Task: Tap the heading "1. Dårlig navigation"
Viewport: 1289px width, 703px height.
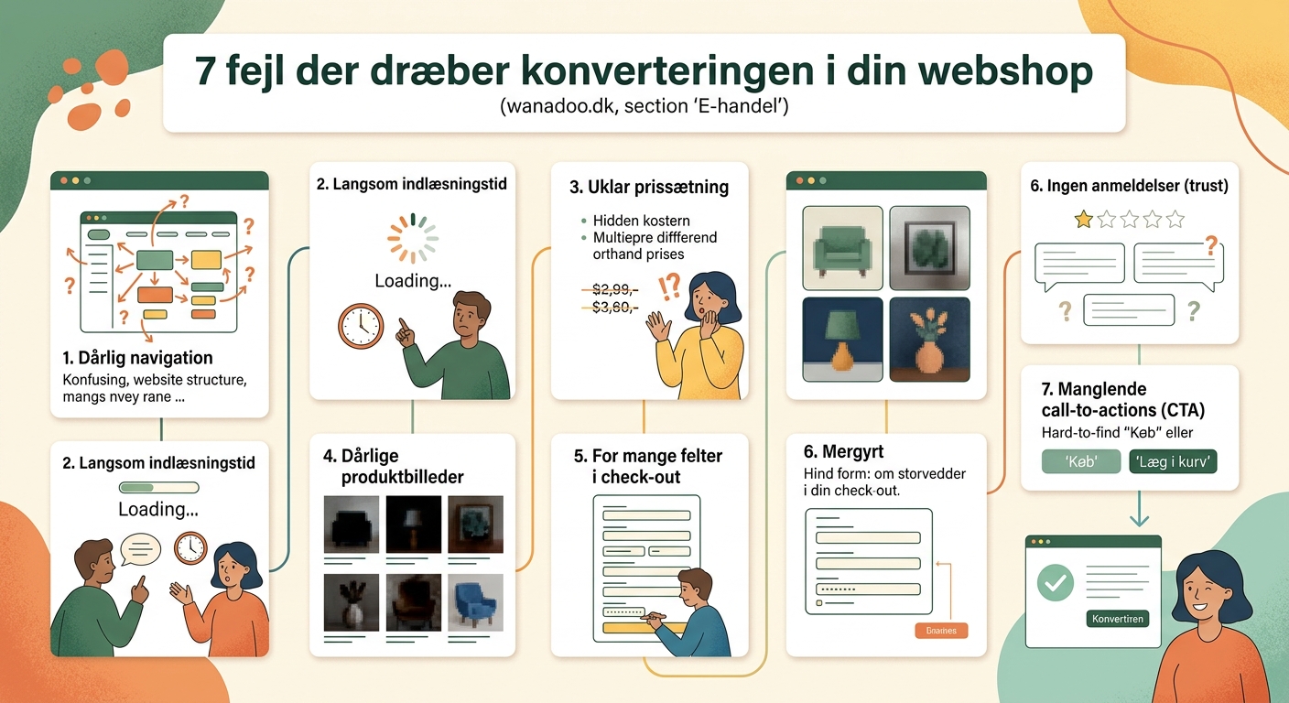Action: coord(137,358)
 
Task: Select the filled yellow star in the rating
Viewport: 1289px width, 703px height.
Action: coord(1083,220)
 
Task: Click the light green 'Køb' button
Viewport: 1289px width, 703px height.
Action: coord(1081,461)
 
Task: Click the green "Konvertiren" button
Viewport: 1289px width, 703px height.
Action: coord(1118,619)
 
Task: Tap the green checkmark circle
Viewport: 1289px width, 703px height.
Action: coord(1056,582)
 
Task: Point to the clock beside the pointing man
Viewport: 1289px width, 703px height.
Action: coord(360,326)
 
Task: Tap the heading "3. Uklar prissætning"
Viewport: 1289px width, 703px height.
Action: coord(649,188)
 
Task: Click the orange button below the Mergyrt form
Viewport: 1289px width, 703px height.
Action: coord(941,631)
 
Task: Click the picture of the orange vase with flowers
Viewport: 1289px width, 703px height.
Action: coord(929,339)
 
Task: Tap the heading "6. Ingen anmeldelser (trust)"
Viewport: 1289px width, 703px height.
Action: coord(1129,186)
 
